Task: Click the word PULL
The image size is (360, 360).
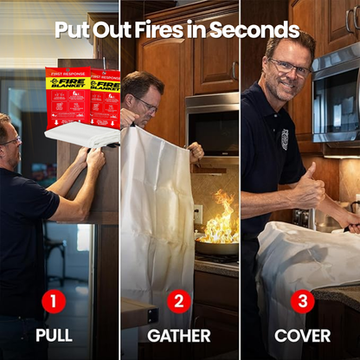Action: pyautogui.click(x=54, y=335)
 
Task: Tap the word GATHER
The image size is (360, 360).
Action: pyautogui.click(x=179, y=335)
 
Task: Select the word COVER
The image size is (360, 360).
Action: pyautogui.click(x=302, y=335)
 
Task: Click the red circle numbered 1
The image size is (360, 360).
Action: pyautogui.click(x=54, y=302)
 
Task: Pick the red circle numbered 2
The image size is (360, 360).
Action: pyautogui.click(x=179, y=302)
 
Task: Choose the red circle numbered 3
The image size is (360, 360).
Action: pyautogui.click(x=302, y=302)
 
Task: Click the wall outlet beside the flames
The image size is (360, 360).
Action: pyautogui.click(x=198, y=213)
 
